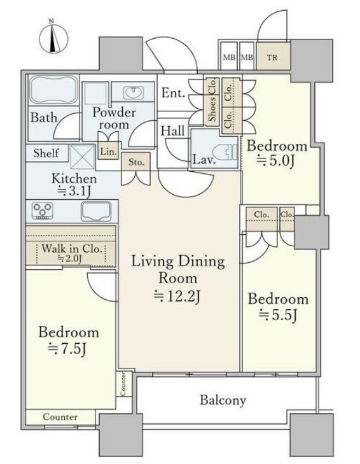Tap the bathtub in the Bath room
(x=53, y=90)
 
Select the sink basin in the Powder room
(x=133, y=92)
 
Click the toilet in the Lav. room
(x=226, y=152)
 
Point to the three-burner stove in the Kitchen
(x=43, y=211)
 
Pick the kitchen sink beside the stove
(x=96, y=211)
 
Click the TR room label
(x=272, y=57)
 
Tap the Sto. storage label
(x=136, y=162)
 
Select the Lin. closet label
(x=107, y=151)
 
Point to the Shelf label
(x=46, y=153)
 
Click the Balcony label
(x=223, y=400)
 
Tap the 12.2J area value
(x=177, y=295)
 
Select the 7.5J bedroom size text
(x=67, y=349)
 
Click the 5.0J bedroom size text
(x=275, y=161)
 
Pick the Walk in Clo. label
(x=72, y=248)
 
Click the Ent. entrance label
(x=173, y=93)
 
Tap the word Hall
(x=172, y=130)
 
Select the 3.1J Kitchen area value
(x=74, y=191)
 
